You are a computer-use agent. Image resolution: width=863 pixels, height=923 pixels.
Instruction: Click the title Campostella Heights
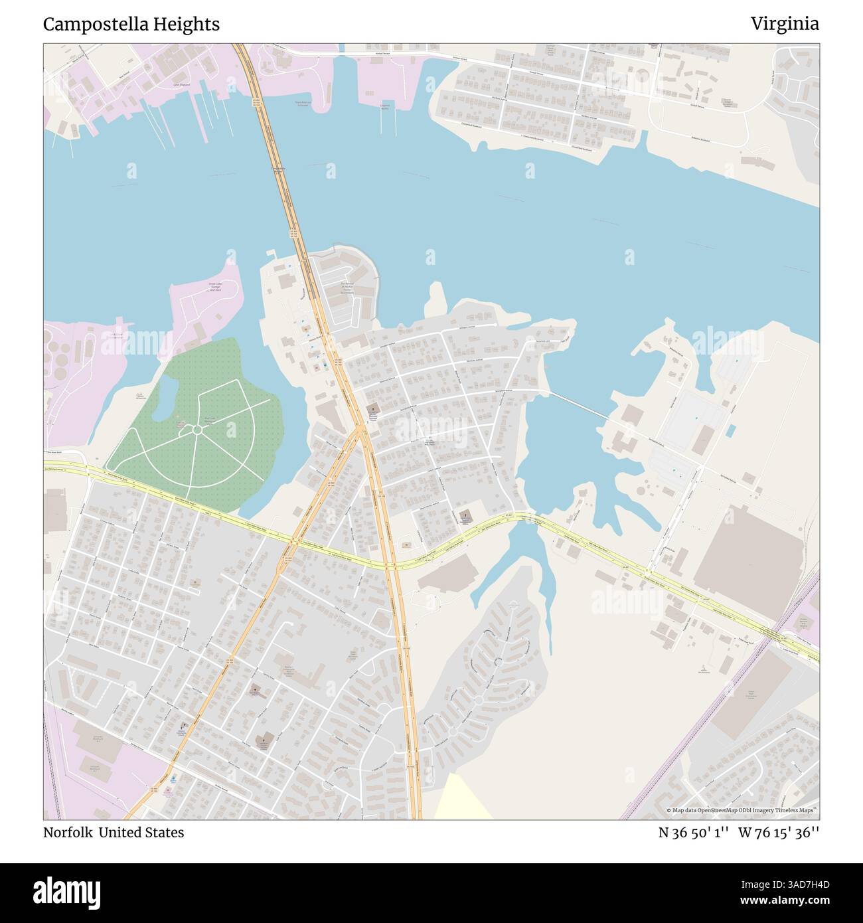point(131,25)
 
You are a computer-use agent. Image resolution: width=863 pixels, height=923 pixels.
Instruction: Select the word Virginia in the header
point(785,24)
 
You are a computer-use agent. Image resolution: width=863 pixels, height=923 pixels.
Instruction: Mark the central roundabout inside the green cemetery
point(197,430)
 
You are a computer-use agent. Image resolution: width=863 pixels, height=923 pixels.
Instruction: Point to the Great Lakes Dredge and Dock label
point(215,287)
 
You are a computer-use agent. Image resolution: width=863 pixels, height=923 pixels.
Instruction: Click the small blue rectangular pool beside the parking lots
point(730,430)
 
